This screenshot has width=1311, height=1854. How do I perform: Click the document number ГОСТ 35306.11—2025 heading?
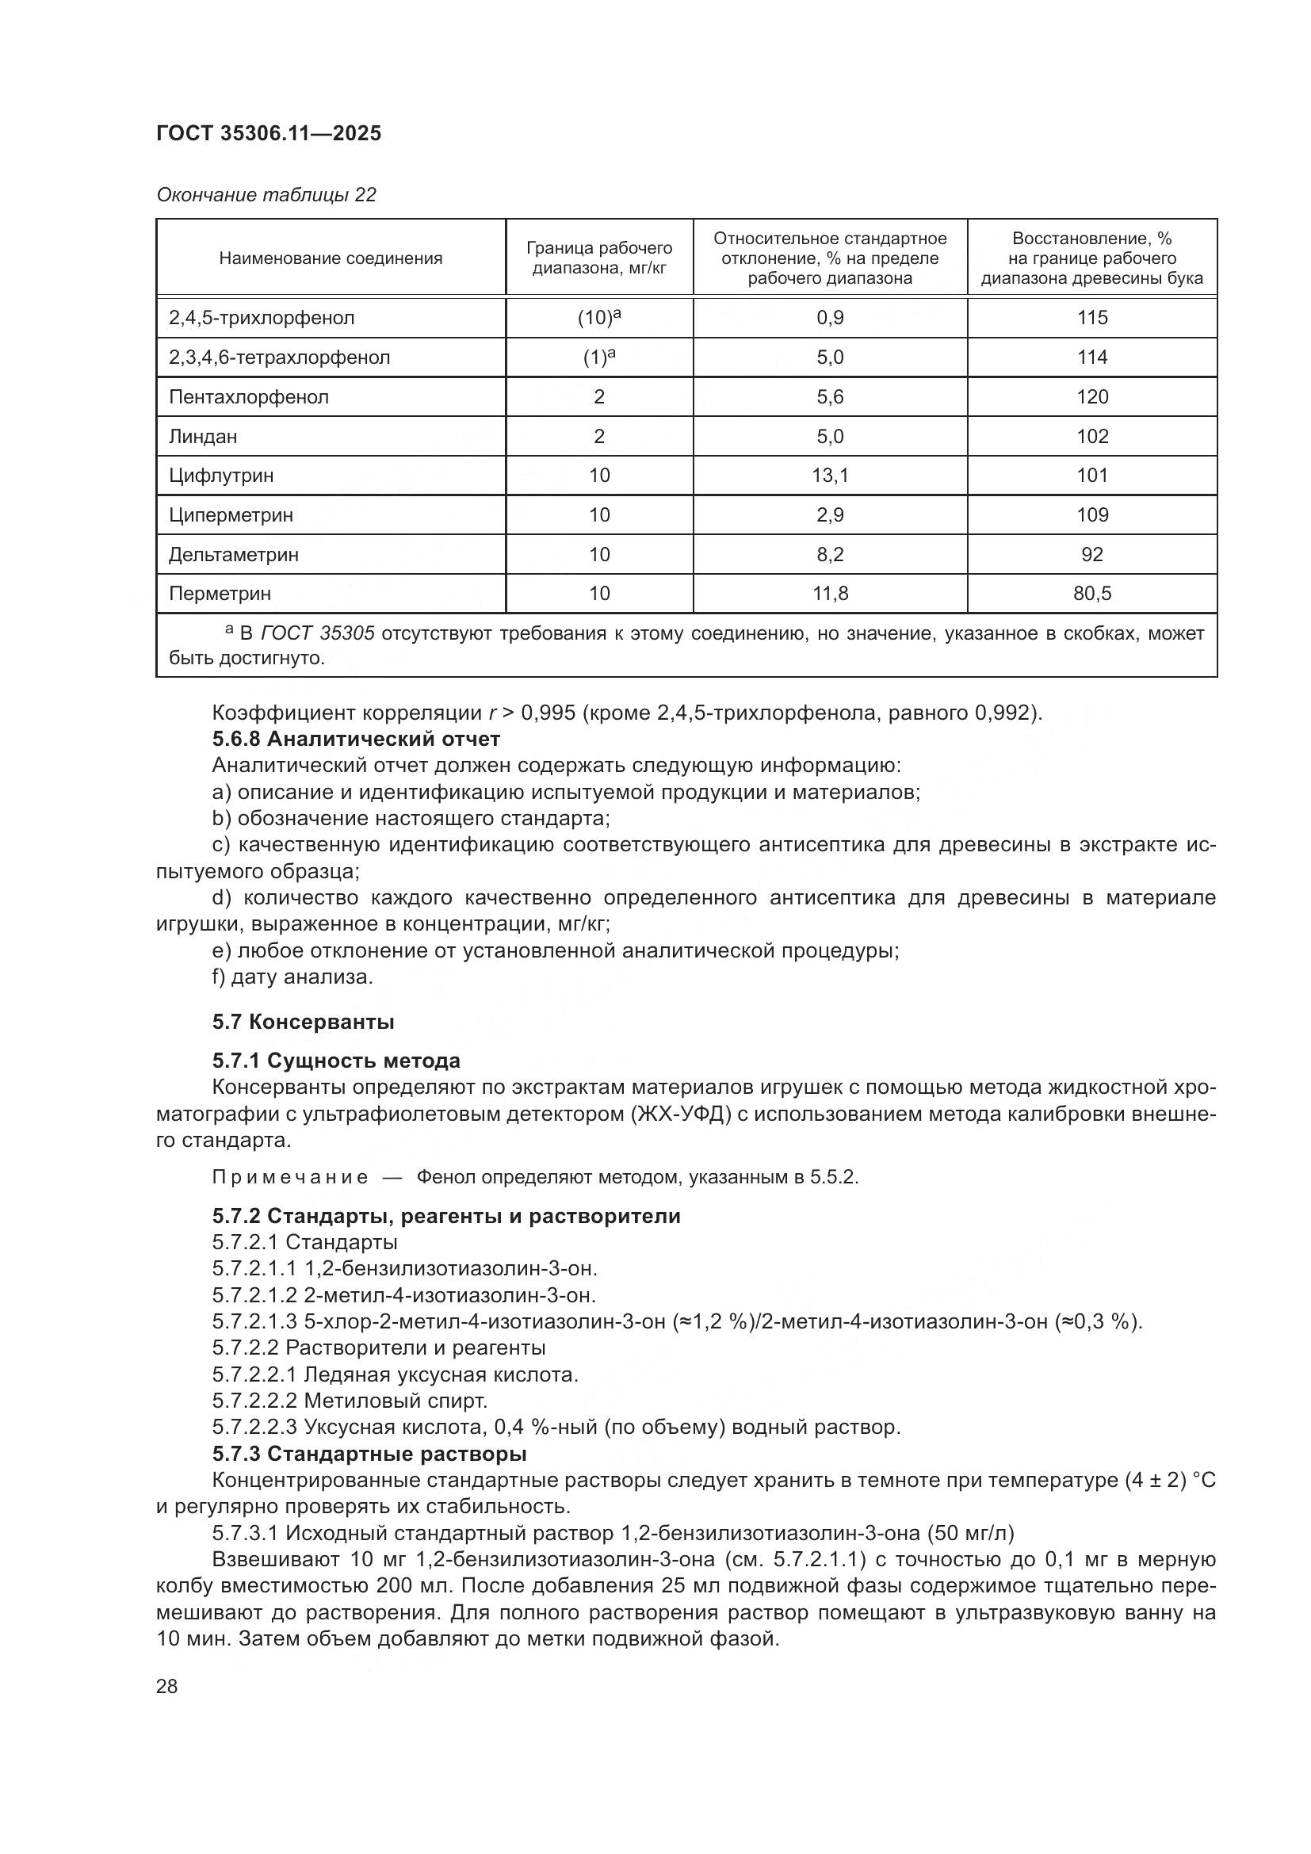[268, 133]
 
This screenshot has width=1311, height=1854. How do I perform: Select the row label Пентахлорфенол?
[249, 396]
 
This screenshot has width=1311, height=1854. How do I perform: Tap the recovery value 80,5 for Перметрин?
[1091, 594]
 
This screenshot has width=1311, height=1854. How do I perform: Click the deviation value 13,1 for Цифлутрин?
[830, 475]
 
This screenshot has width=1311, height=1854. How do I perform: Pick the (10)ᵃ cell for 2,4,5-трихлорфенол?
[599, 317]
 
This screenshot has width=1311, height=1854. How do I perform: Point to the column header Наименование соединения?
[331, 258]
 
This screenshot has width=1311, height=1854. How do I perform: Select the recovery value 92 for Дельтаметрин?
[1091, 554]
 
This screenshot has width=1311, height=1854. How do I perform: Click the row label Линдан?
[203, 436]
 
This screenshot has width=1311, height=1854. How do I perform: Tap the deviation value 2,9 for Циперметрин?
[830, 514]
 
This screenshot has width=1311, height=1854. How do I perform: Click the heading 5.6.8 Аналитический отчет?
[356, 738]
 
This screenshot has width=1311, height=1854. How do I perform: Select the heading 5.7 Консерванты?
[303, 1022]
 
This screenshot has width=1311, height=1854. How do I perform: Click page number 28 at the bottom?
[167, 1686]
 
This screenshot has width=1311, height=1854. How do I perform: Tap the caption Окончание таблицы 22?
[266, 195]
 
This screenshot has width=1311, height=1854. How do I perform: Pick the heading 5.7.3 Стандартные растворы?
[369, 1454]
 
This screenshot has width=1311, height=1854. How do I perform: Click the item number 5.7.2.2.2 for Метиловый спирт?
[254, 1400]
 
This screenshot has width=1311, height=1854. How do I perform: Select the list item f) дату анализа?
[292, 977]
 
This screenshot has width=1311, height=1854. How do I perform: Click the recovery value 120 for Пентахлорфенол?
[1091, 396]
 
